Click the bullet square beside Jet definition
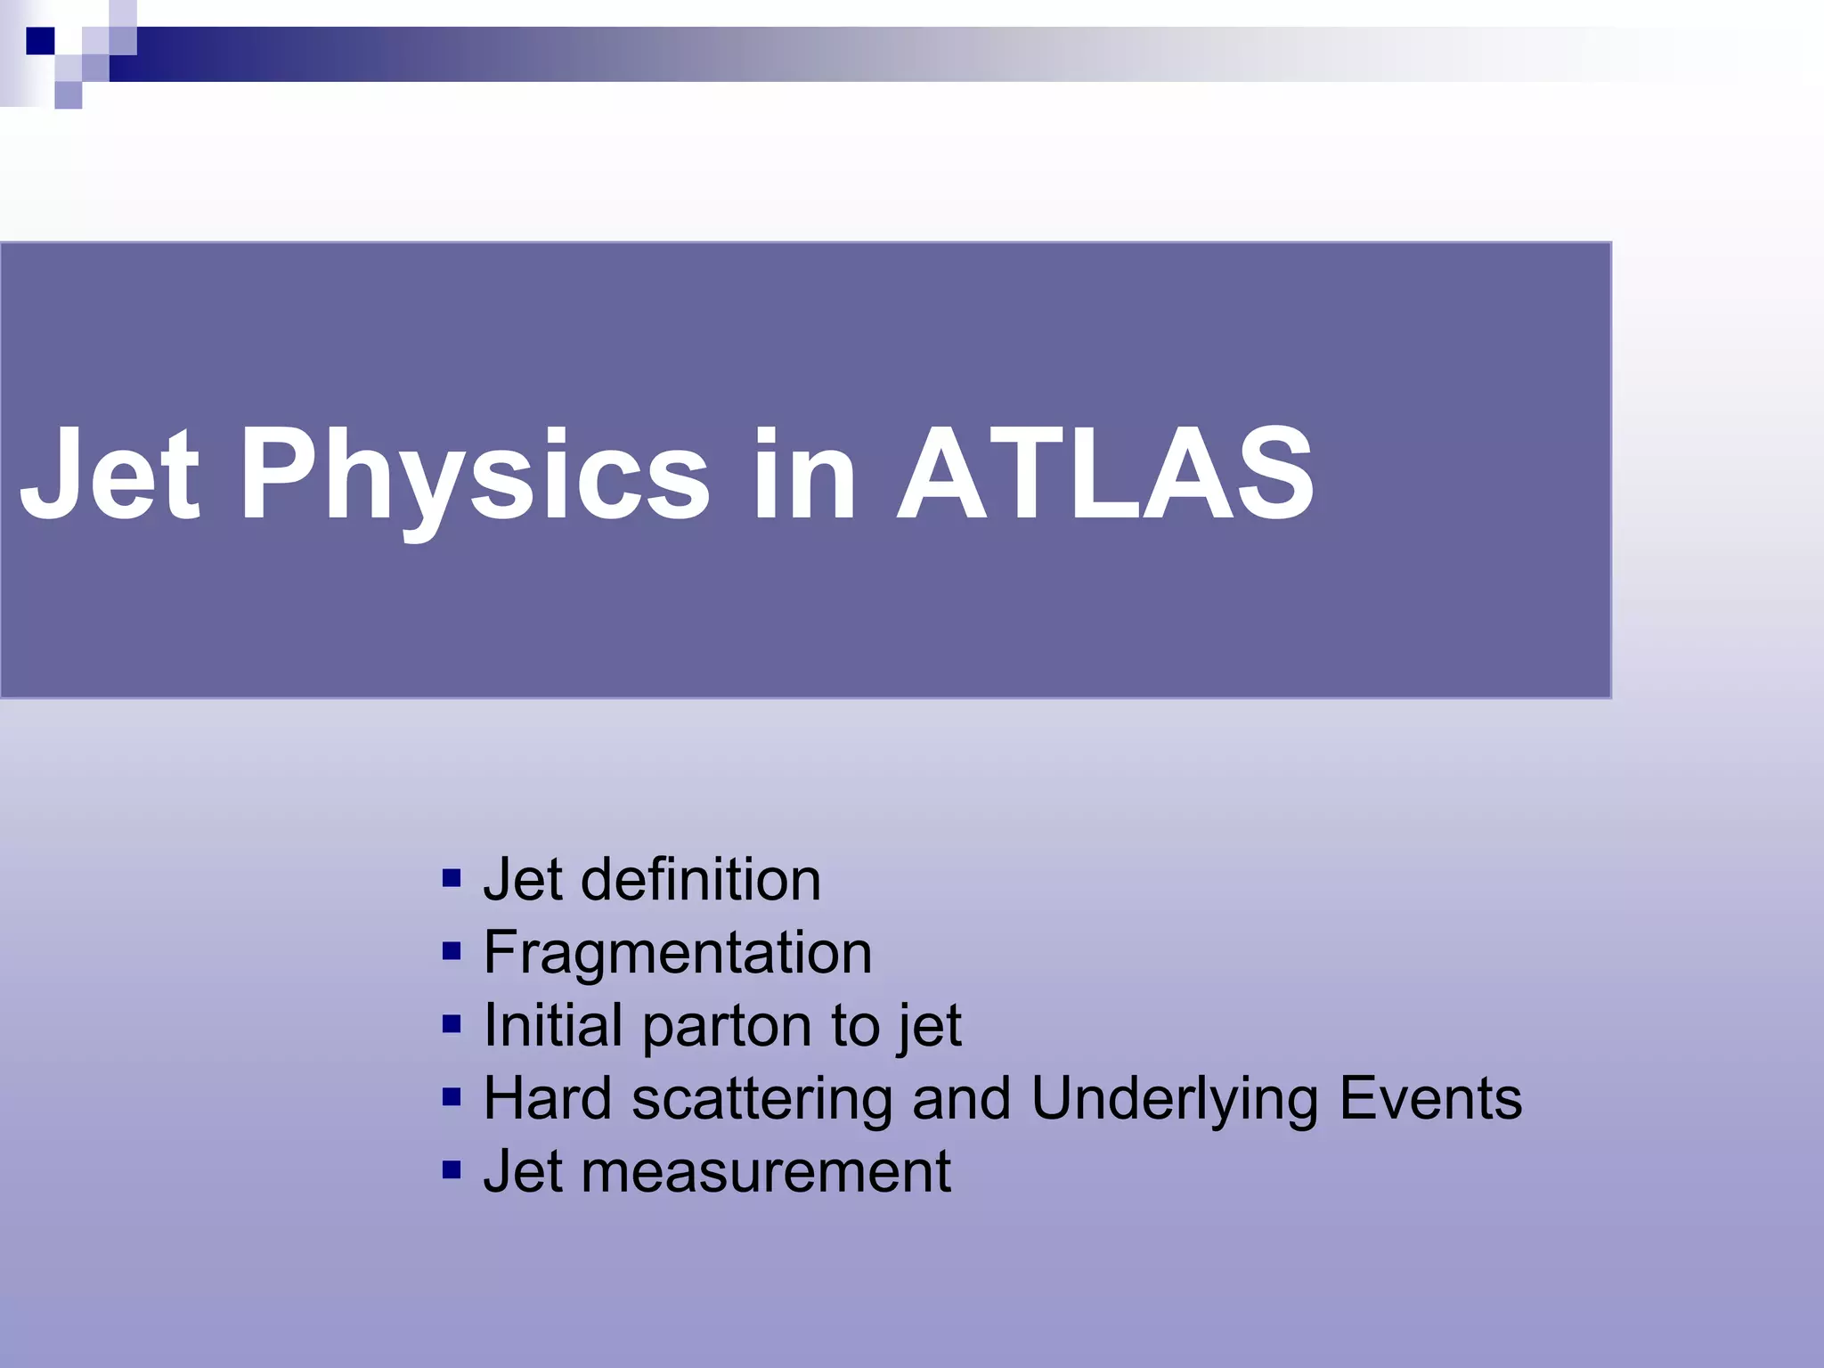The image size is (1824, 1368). [x=452, y=879]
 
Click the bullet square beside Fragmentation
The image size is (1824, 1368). [x=452, y=952]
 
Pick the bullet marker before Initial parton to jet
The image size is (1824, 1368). [x=452, y=1025]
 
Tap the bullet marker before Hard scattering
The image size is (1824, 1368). [x=452, y=1097]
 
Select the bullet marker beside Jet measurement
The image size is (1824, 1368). [x=452, y=1170]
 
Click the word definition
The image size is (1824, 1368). [x=700, y=880]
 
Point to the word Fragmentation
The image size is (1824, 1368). [x=678, y=953]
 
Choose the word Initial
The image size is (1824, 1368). [x=552, y=1025]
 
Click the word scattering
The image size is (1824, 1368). [x=761, y=1100]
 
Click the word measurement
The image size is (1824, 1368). [x=766, y=1172]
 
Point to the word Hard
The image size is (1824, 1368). [x=548, y=1098]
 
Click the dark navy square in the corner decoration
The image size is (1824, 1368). [x=41, y=41]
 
